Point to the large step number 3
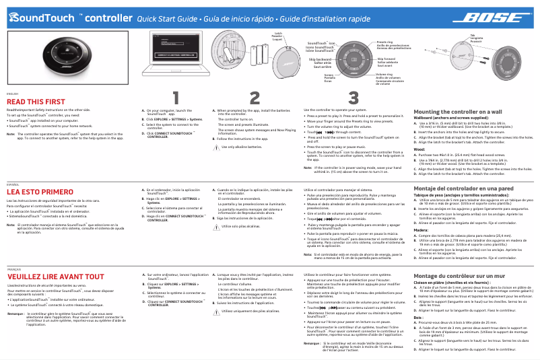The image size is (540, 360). click(x=353, y=99)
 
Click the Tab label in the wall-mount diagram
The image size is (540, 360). click(x=471, y=34)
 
